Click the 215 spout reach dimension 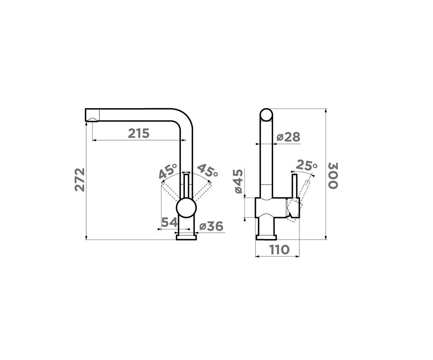coord(139,134)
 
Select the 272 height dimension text coord(80,180)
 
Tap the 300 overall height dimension coord(333,175)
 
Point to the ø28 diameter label coord(288,137)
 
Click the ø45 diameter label coord(238,182)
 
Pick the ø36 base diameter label coord(211,226)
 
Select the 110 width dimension coord(279,250)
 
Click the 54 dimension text coord(170,223)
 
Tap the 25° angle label coord(307,165)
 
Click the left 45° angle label coord(168,172)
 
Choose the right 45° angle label coord(207,171)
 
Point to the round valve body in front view coord(186,209)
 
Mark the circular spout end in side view coord(266,115)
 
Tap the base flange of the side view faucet coord(266,236)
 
